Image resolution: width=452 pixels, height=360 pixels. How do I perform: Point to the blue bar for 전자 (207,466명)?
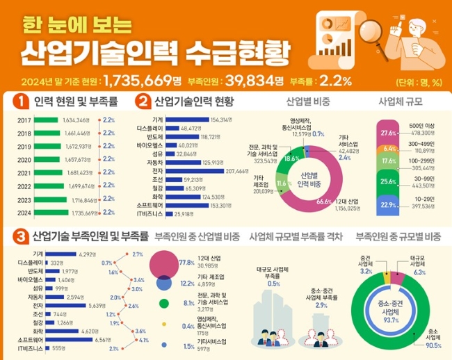[x=196, y=171]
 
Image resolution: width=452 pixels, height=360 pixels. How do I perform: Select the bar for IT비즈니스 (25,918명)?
[x=168, y=214]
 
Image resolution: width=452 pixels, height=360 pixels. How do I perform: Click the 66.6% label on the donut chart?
[x=323, y=201]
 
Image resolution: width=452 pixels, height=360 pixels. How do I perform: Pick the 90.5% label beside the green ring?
[x=434, y=345]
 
